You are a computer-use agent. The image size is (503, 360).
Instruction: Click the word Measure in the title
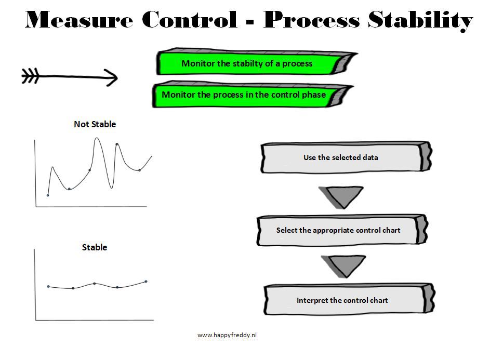(79, 20)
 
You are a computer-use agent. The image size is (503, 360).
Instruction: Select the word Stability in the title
(420, 21)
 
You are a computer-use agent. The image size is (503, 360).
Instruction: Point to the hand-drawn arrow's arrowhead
(112, 77)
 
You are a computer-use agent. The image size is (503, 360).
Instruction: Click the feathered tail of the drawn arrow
(30, 76)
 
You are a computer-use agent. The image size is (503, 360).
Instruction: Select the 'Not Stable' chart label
(95, 124)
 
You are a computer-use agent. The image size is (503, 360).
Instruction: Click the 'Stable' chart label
(95, 247)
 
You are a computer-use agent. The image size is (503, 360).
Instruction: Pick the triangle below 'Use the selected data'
(341, 197)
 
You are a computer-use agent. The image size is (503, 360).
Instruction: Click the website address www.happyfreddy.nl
(227, 335)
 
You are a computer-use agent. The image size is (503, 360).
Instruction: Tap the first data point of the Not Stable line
(48, 195)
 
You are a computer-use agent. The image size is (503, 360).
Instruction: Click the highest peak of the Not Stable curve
(97, 138)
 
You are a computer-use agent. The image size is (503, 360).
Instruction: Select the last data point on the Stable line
(146, 282)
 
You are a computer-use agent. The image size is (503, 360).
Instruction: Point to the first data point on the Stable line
(48, 286)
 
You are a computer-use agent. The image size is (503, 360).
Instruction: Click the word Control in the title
(189, 20)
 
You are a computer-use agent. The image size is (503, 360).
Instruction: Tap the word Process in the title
(311, 20)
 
